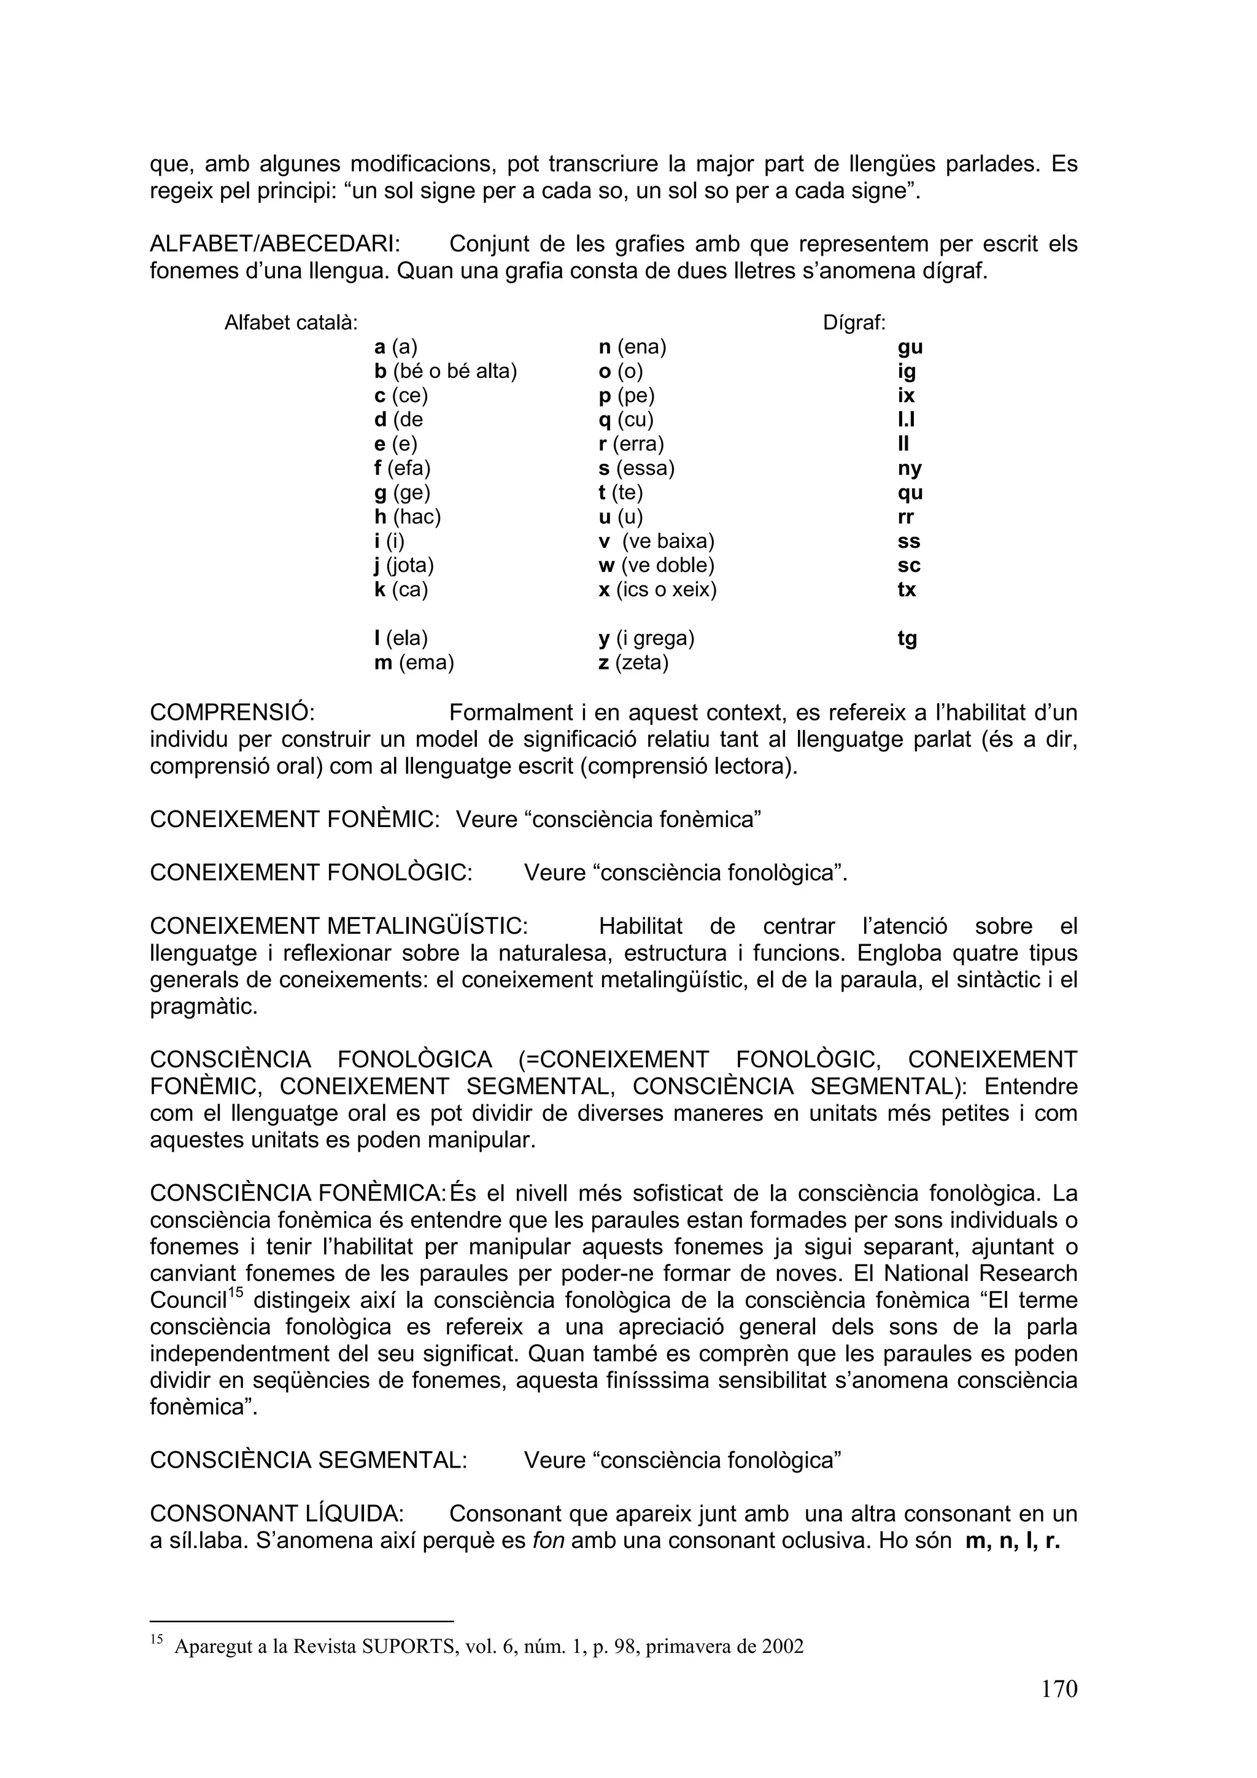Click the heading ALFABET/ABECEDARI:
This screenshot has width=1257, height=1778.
[275, 244]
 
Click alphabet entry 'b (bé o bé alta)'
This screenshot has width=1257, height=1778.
[446, 372]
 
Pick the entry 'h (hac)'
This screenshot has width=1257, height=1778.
[408, 517]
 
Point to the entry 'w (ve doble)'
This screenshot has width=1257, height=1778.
[656, 565]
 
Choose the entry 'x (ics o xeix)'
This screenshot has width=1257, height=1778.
[657, 590]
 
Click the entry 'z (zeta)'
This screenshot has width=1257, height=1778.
[633, 663]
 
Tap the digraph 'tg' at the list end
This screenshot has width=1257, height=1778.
[907, 639]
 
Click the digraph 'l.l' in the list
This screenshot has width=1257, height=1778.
[906, 420]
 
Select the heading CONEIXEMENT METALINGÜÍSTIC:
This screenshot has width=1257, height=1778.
[338, 926]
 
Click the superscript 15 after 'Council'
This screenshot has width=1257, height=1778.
[236, 1293]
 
